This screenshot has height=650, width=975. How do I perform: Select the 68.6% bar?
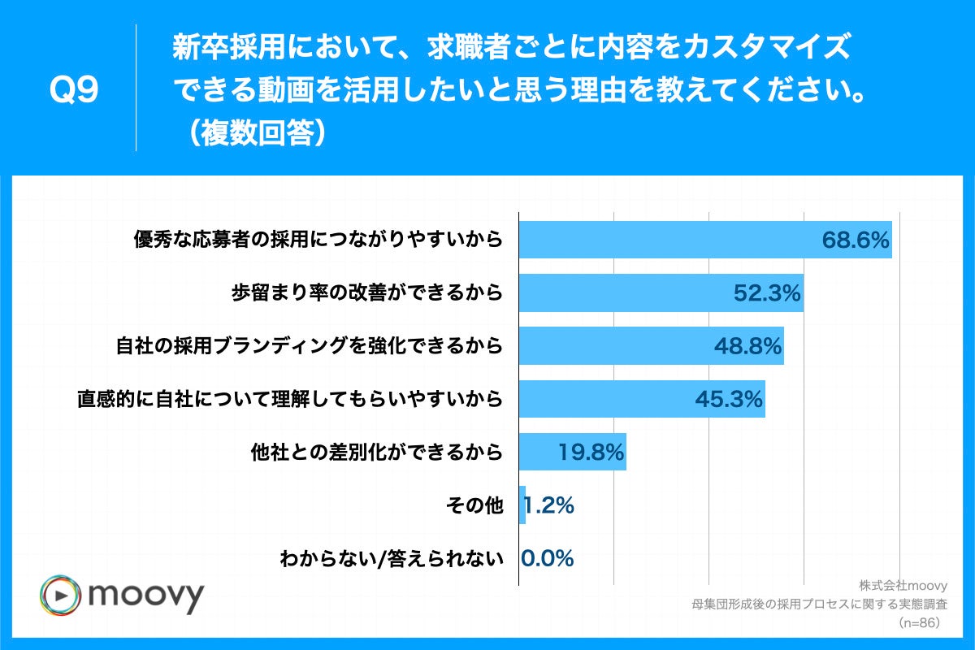pyautogui.click(x=705, y=240)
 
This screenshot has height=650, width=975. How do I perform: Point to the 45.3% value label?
pyautogui.click(x=729, y=399)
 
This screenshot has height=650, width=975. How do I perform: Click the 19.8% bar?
pyautogui.click(x=572, y=452)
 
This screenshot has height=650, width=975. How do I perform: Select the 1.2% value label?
pyautogui.click(x=550, y=505)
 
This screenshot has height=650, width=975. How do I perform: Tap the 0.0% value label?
pyautogui.click(x=548, y=558)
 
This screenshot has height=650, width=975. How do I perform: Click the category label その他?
pyautogui.click(x=475, y=505)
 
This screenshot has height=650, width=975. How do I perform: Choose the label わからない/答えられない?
pyautogui.click(x=392, y=558)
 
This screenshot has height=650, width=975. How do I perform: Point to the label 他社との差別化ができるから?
pyautogui.click(x=376, y=452)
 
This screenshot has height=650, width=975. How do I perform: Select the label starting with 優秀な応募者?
pyautogui.click(x=318, y=240)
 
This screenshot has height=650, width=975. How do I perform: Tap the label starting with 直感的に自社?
pyautogui.click(x=289, y=399)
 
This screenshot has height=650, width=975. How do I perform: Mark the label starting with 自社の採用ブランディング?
pyautogui.click(x=309, y=346)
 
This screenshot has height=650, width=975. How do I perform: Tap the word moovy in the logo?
pyautogui.click(x=145, y=597)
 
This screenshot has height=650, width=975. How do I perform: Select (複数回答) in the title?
pyautogui.click(x=253, y=133)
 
